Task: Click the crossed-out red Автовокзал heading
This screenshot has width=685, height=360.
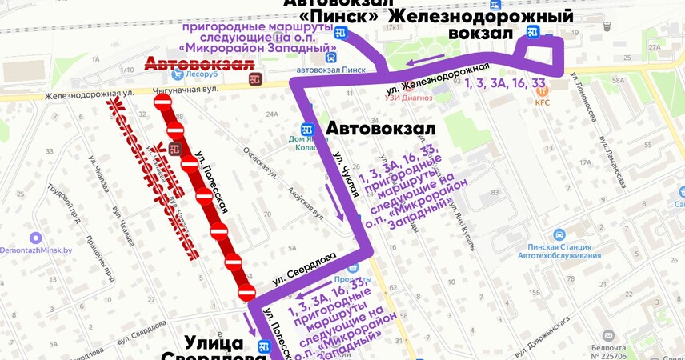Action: click(x=198, y=65)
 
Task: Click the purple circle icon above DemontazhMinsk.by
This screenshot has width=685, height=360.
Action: click(x=35, y=238)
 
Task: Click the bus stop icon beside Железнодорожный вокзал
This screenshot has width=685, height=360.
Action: click(x=532, y=33)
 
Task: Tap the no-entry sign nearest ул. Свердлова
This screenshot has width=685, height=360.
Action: click(x=246, y=290)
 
